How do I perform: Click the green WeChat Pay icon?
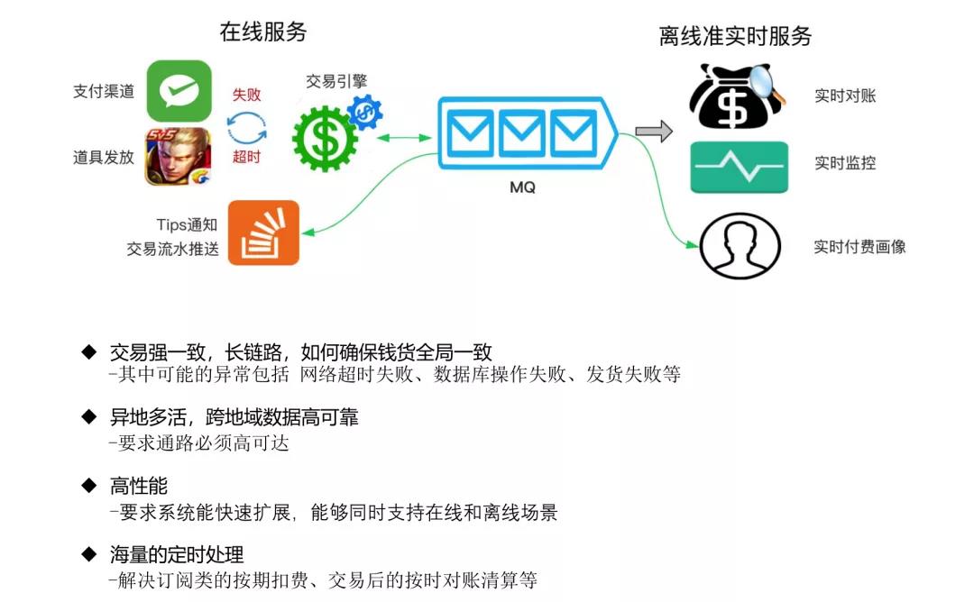point(179,90)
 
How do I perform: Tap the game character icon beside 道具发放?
point(179,156)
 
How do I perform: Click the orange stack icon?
point(263,233)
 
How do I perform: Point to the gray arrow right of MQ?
point(654,132)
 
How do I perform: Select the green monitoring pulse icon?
point(739,167)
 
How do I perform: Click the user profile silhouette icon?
point(739,246)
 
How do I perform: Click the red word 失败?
point(246,95)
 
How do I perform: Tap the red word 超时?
point(246,158)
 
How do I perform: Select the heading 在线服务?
point(263,32)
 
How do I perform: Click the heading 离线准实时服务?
point(735,36)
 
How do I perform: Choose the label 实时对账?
point(845,96)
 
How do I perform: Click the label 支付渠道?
point(104,91)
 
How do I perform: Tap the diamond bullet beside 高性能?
point(88,486)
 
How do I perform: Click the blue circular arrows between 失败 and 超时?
point(246,127)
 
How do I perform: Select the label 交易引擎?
point(336,82)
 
